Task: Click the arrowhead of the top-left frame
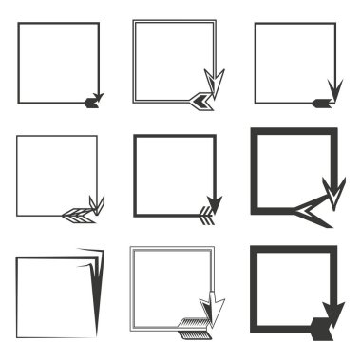[99, 95]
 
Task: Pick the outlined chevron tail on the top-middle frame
[199, 98]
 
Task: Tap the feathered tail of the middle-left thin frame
[75, 215]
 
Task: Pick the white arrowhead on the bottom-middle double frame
[217, 310]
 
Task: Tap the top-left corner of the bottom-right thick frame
[253, 250]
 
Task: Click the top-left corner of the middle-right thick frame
[255, 131]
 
